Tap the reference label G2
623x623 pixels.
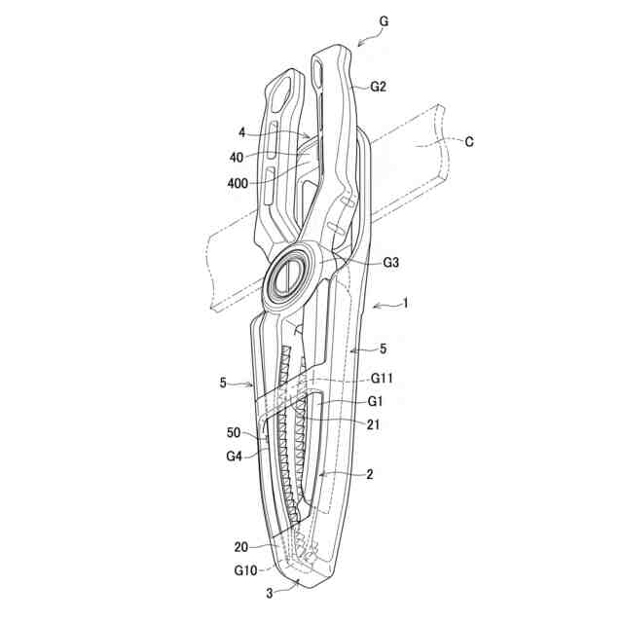pyautogui.click(x=379, y=87)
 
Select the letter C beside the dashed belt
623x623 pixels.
pyautogui.click(x=469, y=142)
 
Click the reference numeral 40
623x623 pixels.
pyautogui.click(x=237, y=155)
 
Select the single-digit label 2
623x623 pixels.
pyautogui.click(x=369, y=476)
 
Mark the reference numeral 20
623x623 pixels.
pyautogui.click(x=240, y=546)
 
